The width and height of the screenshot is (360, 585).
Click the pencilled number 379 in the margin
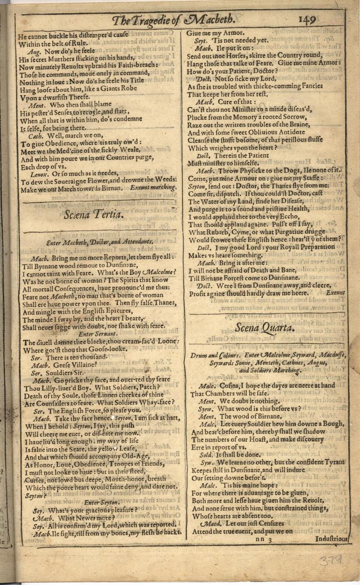point(330,560)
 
